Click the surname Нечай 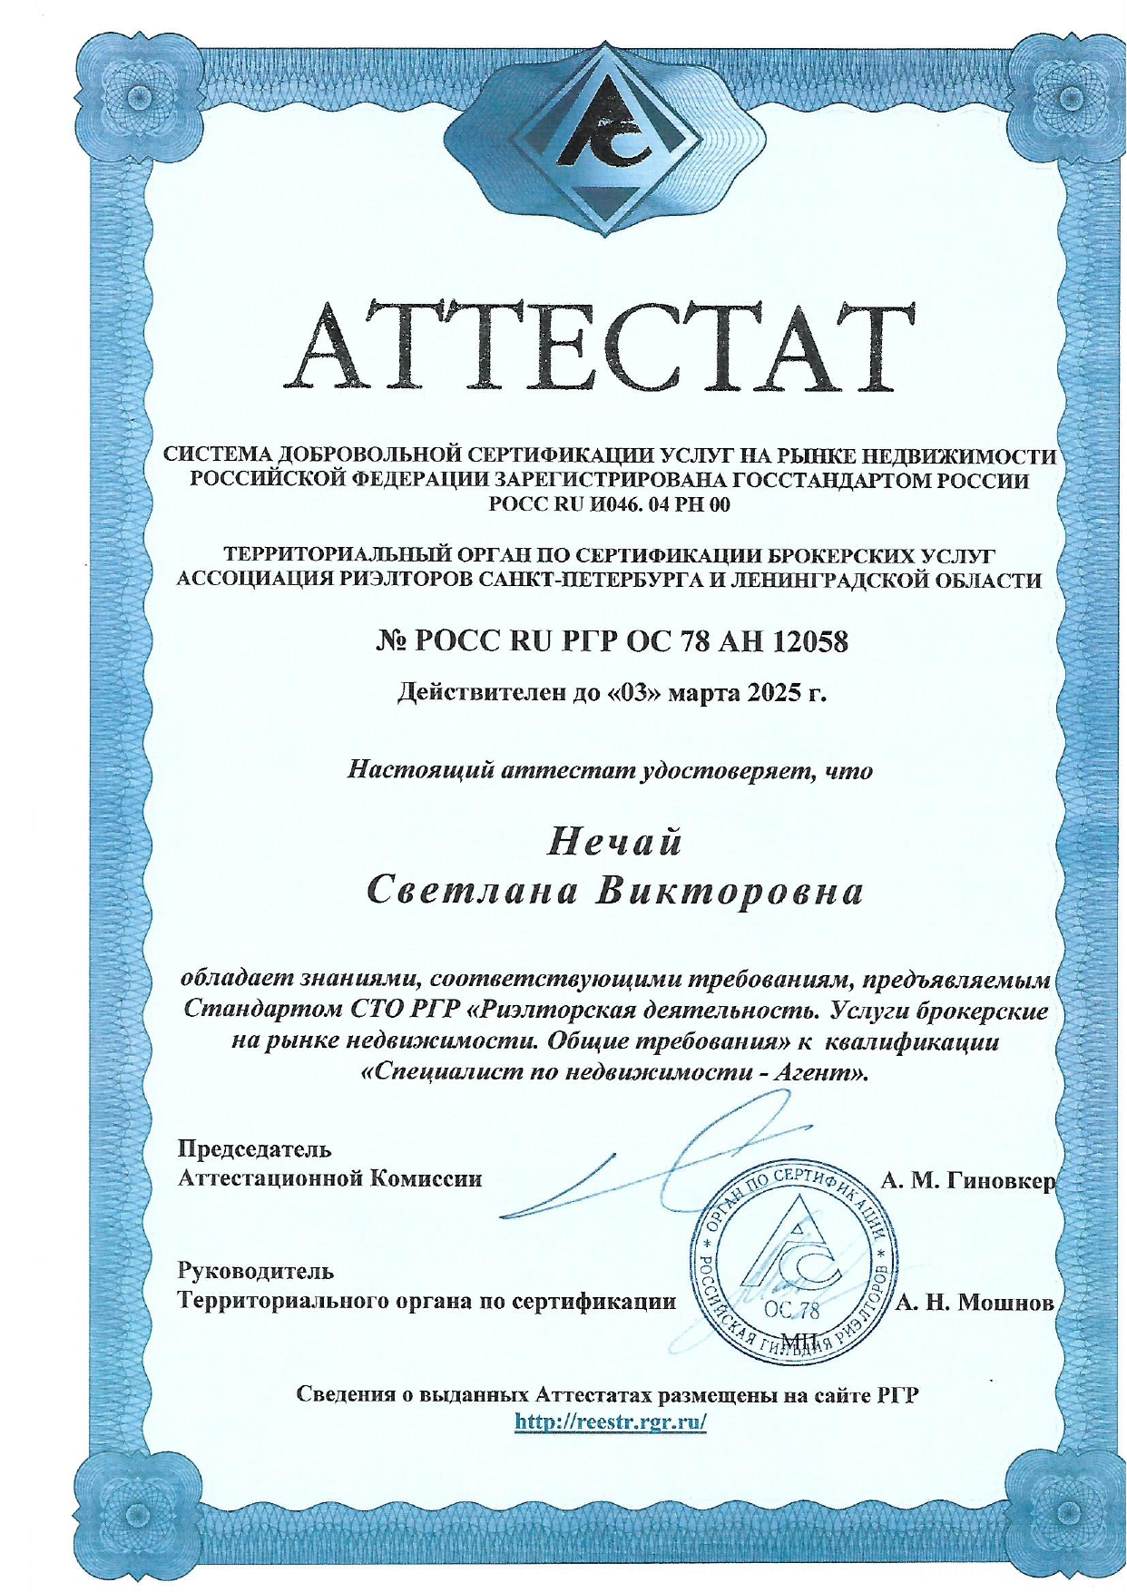click(614, 843)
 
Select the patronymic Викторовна click(728, 892)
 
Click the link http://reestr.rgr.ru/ click(610, 1421)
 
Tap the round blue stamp click(792, 1263)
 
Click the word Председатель click(254, 1149)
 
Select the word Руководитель click(255, 1272)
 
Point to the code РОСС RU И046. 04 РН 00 click(609, 504)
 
